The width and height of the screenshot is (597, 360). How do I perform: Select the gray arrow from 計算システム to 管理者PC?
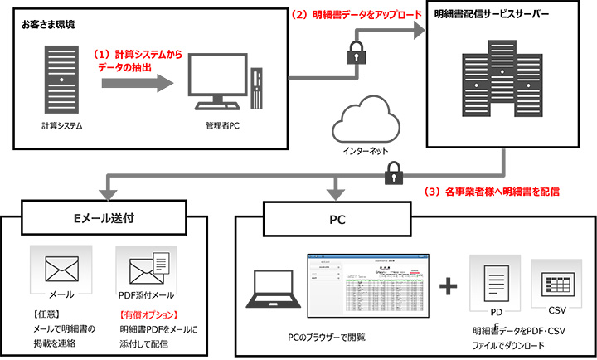138,81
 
